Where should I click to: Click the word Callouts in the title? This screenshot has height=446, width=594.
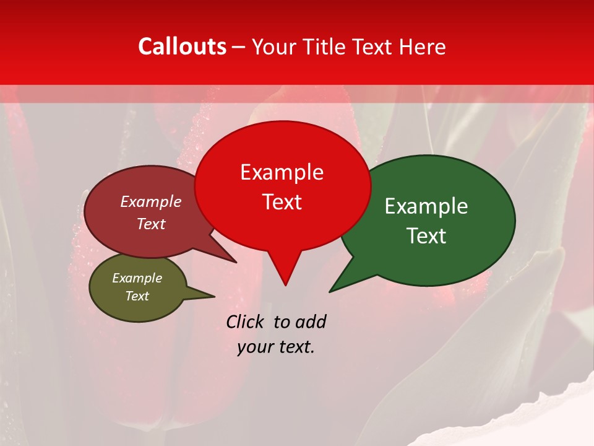[x=182, y=46]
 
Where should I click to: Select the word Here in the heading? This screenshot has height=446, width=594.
[x=421, y=46]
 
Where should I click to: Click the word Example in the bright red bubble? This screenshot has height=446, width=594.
[x=282, y=172]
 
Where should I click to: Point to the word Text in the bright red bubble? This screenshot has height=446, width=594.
[x=282, y=202]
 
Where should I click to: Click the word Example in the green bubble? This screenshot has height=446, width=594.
[x=426, y=206]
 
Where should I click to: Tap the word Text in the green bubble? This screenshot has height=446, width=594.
[x=426, y=236]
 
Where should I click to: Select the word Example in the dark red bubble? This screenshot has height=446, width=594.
[x=151, y=201]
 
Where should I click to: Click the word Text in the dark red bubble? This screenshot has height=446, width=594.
[x=151, y=224]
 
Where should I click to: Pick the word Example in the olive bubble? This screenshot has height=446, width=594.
[x=137, y=278]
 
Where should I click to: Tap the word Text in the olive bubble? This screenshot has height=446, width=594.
[x=137, y=296]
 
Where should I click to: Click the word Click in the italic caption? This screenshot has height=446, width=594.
[x=246, y=321]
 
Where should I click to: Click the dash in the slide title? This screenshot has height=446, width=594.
[x=239, y=46]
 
